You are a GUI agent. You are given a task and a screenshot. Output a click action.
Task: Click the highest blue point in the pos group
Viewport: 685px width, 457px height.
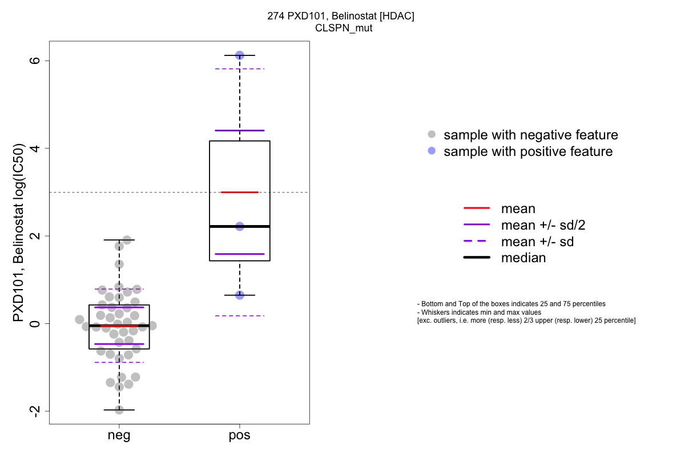tap(240, 55)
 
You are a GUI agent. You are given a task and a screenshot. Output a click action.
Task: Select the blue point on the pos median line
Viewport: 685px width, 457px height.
tap(240, 226)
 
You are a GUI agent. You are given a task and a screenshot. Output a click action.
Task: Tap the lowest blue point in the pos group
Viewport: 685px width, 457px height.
tap(240, 295)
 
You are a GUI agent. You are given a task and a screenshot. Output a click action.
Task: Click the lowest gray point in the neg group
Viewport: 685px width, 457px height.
tap(119, 410)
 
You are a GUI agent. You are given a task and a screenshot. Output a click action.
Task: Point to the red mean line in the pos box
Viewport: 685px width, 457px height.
tap(240, 192)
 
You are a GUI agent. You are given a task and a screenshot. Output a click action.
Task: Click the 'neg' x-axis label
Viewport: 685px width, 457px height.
tap(119, 436)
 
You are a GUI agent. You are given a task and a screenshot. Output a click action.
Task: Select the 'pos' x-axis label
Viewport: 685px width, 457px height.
tap(240, 436)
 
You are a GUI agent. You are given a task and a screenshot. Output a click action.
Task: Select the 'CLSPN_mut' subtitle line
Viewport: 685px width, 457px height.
tap(340, 27)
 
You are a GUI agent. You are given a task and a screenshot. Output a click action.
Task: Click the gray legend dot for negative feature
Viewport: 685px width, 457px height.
tap(432, 135)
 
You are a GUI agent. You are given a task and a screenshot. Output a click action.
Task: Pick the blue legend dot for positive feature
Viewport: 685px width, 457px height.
tap(432, 151)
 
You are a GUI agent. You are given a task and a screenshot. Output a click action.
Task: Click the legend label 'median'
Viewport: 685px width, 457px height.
tap(523, 258)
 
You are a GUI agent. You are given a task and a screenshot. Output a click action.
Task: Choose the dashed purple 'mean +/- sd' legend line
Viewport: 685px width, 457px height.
tap(477, 242)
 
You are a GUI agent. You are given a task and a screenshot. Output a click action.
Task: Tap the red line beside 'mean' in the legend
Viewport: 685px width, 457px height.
tap(477, 209)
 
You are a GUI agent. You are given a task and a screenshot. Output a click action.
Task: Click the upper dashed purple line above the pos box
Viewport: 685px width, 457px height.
tap(240, 69)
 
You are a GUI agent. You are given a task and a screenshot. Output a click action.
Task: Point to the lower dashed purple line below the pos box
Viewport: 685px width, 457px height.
tap(240, 315)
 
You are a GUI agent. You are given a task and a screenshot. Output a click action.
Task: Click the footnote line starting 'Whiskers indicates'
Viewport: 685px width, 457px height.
tap(479, 312)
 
